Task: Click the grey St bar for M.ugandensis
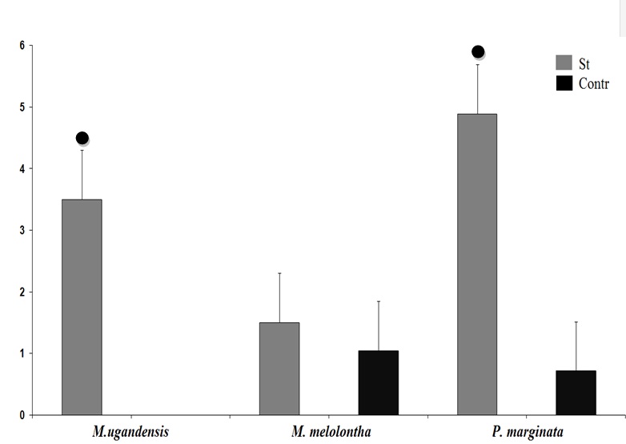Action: pyautogui.click(x=82, y=307)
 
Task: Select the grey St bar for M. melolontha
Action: pyautogui.click(x=279, y=369)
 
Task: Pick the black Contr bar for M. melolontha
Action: pyautogui.click(x=379, y=383)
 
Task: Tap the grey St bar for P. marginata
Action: pyautogui.click(x=477, y=264)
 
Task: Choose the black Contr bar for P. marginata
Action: pyautogui.click(x=576, y=393)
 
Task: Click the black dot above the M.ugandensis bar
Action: pyautogui.click(x=82, y=138)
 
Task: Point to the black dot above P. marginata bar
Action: pyautogui.click(x=478, y=52)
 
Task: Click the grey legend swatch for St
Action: pyautogui.click(x=564, y=63)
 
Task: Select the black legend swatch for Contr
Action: pyautogui.click(x=564, y=82)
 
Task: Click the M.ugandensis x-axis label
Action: pyautogui.click(x=130, y=432)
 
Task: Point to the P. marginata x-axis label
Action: pyautogui.click(x=528, y=432)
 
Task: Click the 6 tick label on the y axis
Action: pyautogui.click(x=22, y=46)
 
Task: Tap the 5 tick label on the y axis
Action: pyautogui.click(x=22, y=107)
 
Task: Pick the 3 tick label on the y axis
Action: pyautogui.click(x=22, y=231)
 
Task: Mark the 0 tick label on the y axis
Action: pyautogui.click(x=22, y=415)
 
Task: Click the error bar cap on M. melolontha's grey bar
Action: pyautogui.click(x=279, y=273)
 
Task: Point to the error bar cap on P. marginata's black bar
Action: pyautogui.click(x=576, y=321)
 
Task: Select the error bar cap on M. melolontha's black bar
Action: pyautogui.click(x=379, y=301)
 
